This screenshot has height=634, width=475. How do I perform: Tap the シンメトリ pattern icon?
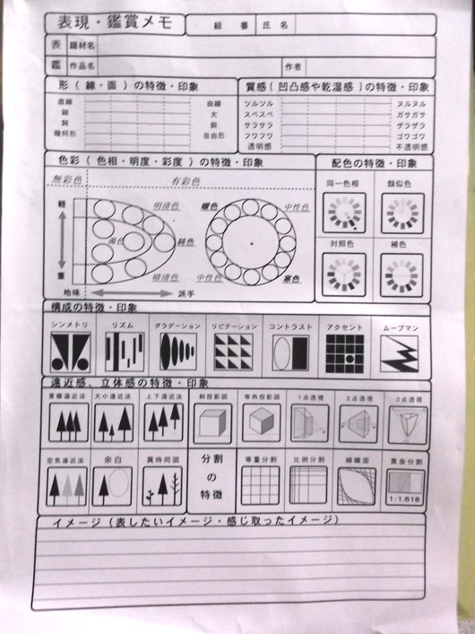pyautogui.click(x=70, y=352)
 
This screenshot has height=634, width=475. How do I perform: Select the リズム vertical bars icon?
pyautogui.click(x=124, y=352)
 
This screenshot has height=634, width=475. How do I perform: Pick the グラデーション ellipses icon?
pyautogui.click(x=177, y=352)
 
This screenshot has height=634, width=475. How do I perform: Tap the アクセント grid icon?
pyautogui.click(x=342, y=352)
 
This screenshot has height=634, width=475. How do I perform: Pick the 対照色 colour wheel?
pyautogui.click(x=343, y=274)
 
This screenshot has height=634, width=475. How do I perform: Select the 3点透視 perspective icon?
pyautogui.click(x=407, y=422)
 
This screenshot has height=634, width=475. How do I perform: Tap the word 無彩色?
pyautogui.click(x=69, y=179)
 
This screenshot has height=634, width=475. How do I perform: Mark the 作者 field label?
pyautogui.click(x=292, y=65)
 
